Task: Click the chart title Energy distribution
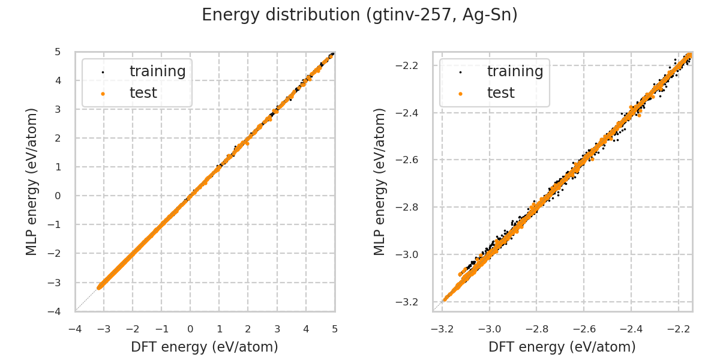(x=359, y=15)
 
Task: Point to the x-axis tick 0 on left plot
(x=190, y=329)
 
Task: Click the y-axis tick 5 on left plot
(x=58, y=52)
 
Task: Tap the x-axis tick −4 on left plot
(x=75, y=329)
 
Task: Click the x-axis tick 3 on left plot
(x=277, y=329)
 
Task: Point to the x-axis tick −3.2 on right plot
(x=442, y=329)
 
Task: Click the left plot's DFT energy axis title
(x=205, y=347)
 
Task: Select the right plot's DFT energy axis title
(x=562, y=347)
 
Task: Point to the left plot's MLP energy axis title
(x=32, y=181)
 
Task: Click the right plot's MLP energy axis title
(x=380, y=181)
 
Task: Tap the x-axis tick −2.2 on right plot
(x=678, y=329)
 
